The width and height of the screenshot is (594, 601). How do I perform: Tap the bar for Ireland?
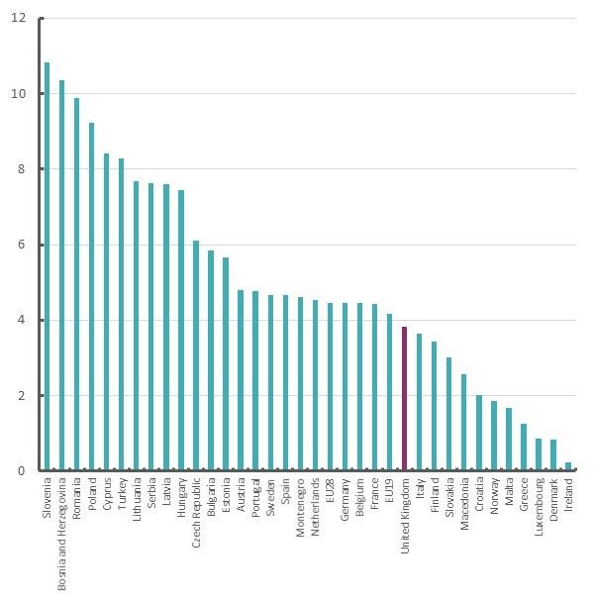point(567,466)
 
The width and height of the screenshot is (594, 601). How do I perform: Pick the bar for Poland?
point(91,297)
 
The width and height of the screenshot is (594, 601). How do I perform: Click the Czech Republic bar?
point(195,355)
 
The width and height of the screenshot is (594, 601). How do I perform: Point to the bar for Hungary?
point(180,331)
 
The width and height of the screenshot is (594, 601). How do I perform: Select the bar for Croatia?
point(478,433)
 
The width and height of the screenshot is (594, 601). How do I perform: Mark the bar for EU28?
point(330,387)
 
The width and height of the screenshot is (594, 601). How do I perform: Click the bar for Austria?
point(240,380)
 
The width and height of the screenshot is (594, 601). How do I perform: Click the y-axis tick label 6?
point(23,245)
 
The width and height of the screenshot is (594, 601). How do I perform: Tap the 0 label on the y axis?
point(23,471)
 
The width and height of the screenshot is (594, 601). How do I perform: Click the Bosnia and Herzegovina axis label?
point(61,535)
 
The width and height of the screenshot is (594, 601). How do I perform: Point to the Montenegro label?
point(299,509)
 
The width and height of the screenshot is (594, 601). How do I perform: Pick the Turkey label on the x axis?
point(121,495)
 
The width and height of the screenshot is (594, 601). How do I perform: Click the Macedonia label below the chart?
point(463,506)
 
